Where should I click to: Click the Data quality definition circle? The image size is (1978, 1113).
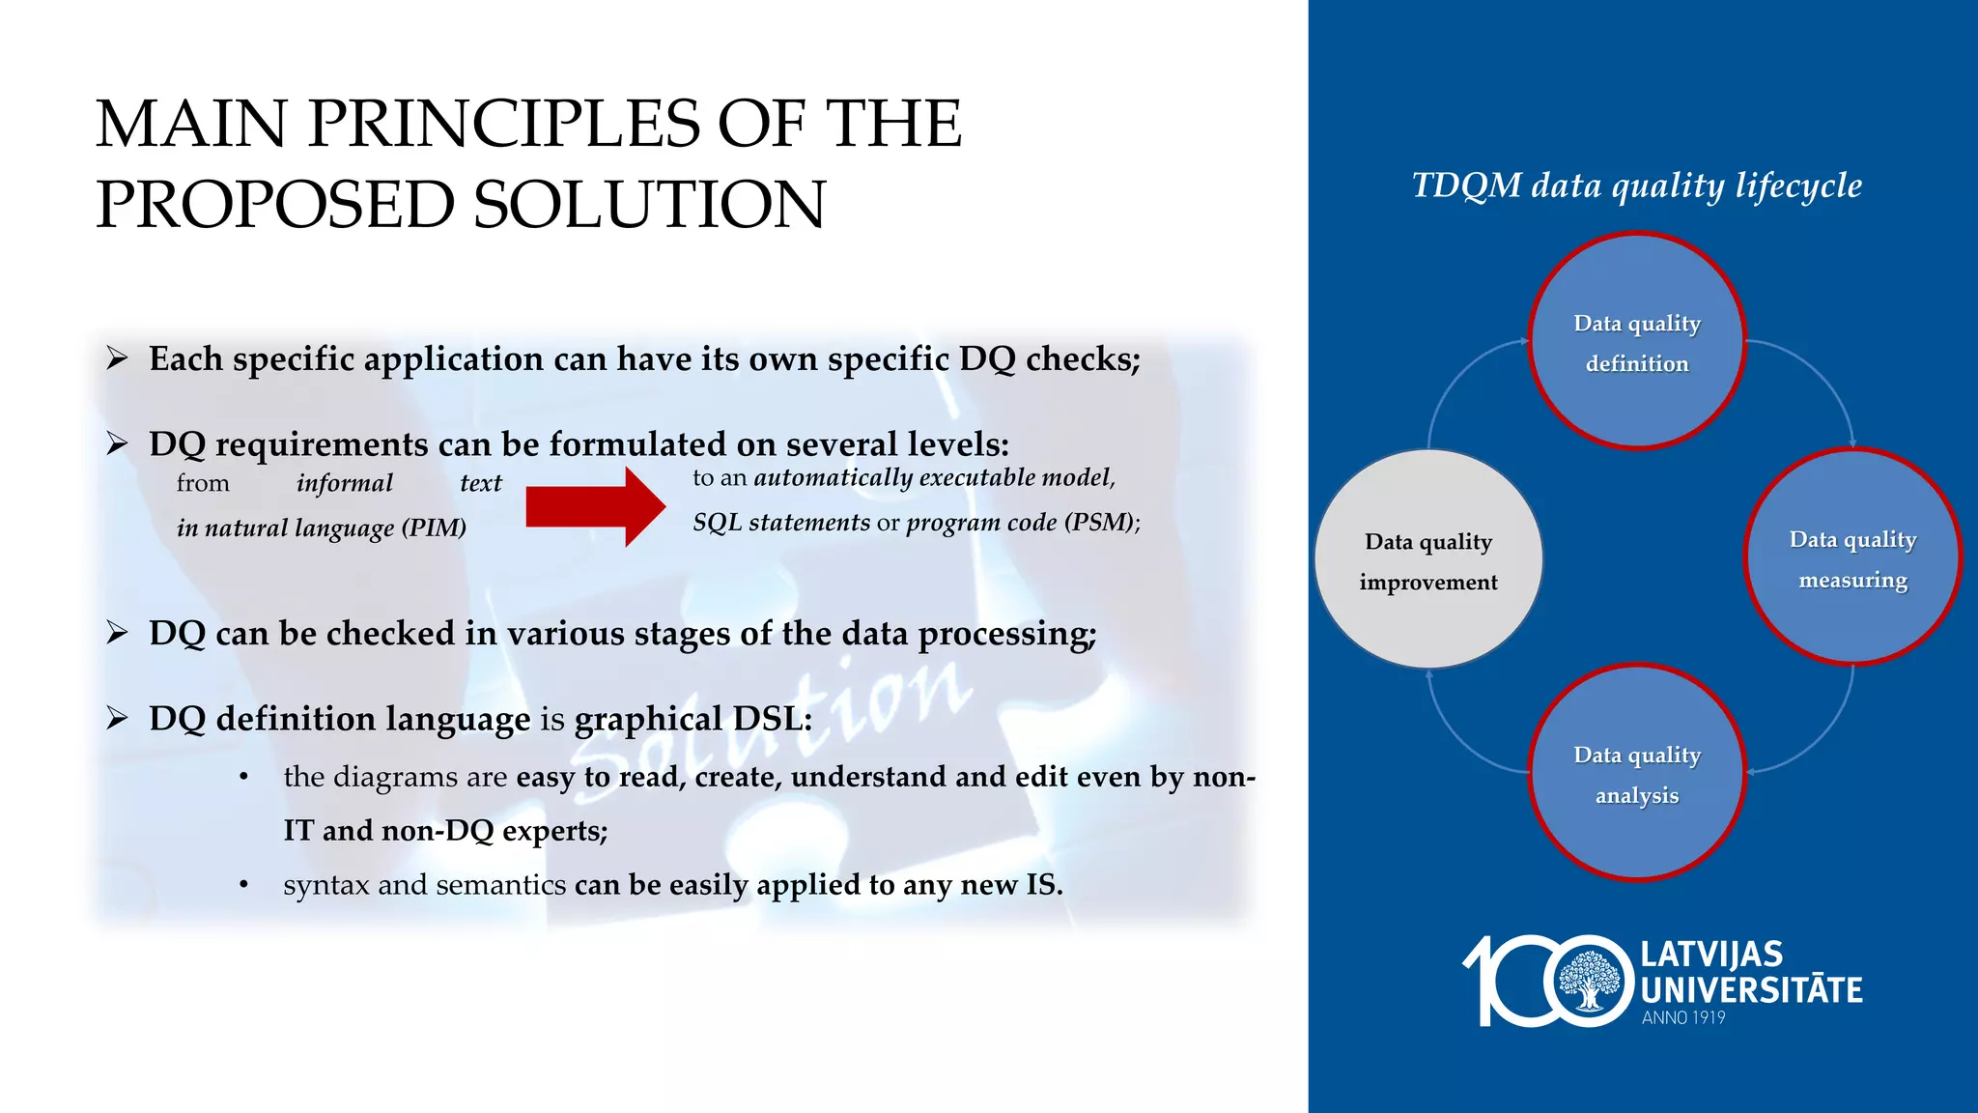pyautogui.click(x=1636, y=341)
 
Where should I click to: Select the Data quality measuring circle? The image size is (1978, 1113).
pyautogui.click(x=1852, y=557)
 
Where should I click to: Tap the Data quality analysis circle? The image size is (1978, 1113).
pyautogui.click(x=1636, y=773)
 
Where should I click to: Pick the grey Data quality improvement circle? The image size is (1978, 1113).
pyautogui.click(x=1428, y=559)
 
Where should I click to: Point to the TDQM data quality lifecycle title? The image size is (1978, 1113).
pyautogui.click(x=1636, y=185)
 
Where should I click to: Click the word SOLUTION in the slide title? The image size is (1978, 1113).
pyautogui.click(x=649, y=205)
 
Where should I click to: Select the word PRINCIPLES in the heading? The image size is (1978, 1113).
pyautogui.click(x=503, y=124)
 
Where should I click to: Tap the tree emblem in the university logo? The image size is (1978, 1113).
pyautogui.click(x=1588, y=981)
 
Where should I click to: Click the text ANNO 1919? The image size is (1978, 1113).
pyautogui.click(x=1683, y=1017)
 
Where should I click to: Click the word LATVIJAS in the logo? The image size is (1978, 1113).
pyautogui.click(x=1711, y=955)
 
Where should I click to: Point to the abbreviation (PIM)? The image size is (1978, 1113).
pyautogui.click(x=434, y=528)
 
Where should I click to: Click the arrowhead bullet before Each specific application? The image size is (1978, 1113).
pyautogui.click(x=118, y=359)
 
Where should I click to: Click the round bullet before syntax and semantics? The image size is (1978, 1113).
pyautogui.click(x=244, y=885)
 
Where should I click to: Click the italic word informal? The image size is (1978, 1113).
pyautogui.click(x=345, y=483)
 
